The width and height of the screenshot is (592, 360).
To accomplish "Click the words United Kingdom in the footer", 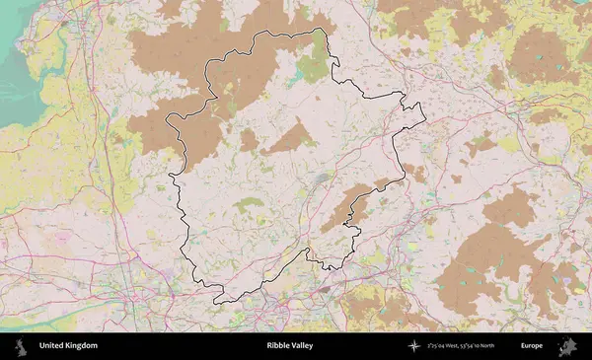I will tap(68, 346).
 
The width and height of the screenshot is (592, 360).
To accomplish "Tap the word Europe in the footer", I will tap(532, 346).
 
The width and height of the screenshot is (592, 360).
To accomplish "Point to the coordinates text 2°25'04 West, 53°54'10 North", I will tap(462, 346).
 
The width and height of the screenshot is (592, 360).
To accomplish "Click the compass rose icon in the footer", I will tap(414, 346).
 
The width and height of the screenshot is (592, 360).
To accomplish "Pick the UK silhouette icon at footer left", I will tap(20, 346).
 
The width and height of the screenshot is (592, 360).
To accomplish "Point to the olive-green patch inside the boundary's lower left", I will tap(249, 204).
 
